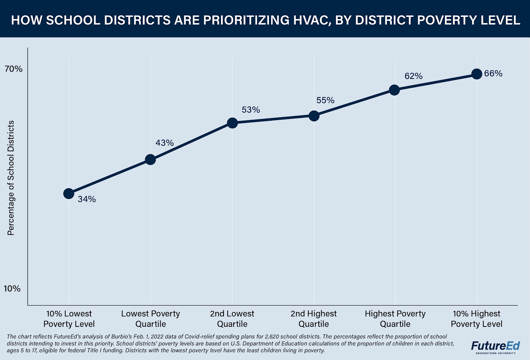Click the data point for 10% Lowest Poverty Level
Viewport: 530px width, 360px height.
tap(69, 193)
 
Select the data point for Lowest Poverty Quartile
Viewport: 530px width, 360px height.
tap(150, 159)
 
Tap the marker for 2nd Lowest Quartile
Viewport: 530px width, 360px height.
tap(232, 123)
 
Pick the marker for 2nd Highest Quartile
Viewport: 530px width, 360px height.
tap(314, 116)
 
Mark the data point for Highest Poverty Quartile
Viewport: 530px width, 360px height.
tap(394, 90)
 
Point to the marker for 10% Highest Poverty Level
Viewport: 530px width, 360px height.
tap(477, 74)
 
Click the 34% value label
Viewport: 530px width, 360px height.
tap(87, 199)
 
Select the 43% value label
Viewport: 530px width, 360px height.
tap(165, 143)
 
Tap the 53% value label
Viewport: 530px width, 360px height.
tap(251, 110)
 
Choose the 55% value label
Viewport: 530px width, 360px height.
tap(325, 100)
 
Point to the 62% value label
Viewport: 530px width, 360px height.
tap(413, 76)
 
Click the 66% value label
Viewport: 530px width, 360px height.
tap(493, 74)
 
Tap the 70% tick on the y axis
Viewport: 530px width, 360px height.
tap(14, 69)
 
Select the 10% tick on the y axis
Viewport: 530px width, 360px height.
tap(12, 288)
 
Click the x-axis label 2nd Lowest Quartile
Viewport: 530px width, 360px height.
tap(232, 319)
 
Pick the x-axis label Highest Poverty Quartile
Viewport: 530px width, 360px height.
tap(395, 319)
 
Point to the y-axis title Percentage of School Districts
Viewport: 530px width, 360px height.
tap(11, 178)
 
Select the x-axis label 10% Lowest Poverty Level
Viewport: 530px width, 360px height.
tap(69, 319)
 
